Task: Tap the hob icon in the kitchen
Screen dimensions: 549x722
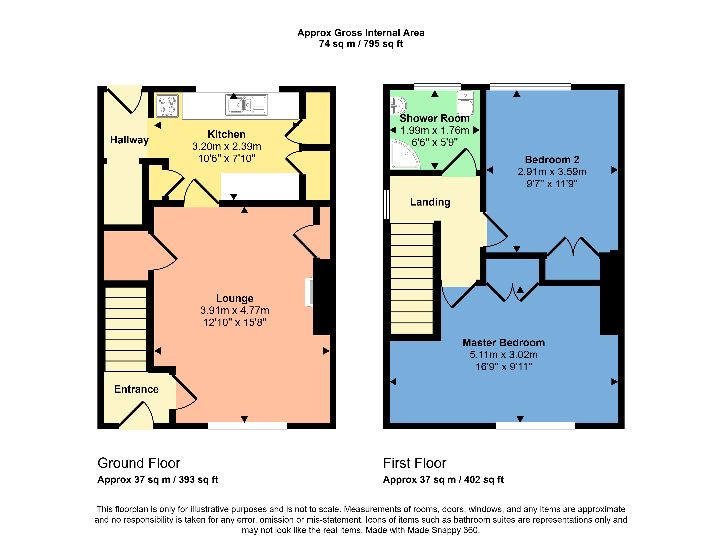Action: click(x=167, y=105)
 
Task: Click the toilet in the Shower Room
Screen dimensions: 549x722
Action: click(x=465, y=104)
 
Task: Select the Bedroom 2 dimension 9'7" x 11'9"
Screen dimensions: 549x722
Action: click(x=552, y=184)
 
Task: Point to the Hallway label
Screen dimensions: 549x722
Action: click(x=129, y=140)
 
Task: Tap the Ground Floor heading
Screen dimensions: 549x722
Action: click(x=139, y=463)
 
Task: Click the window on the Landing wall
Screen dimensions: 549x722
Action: click(x=386, y=205)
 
